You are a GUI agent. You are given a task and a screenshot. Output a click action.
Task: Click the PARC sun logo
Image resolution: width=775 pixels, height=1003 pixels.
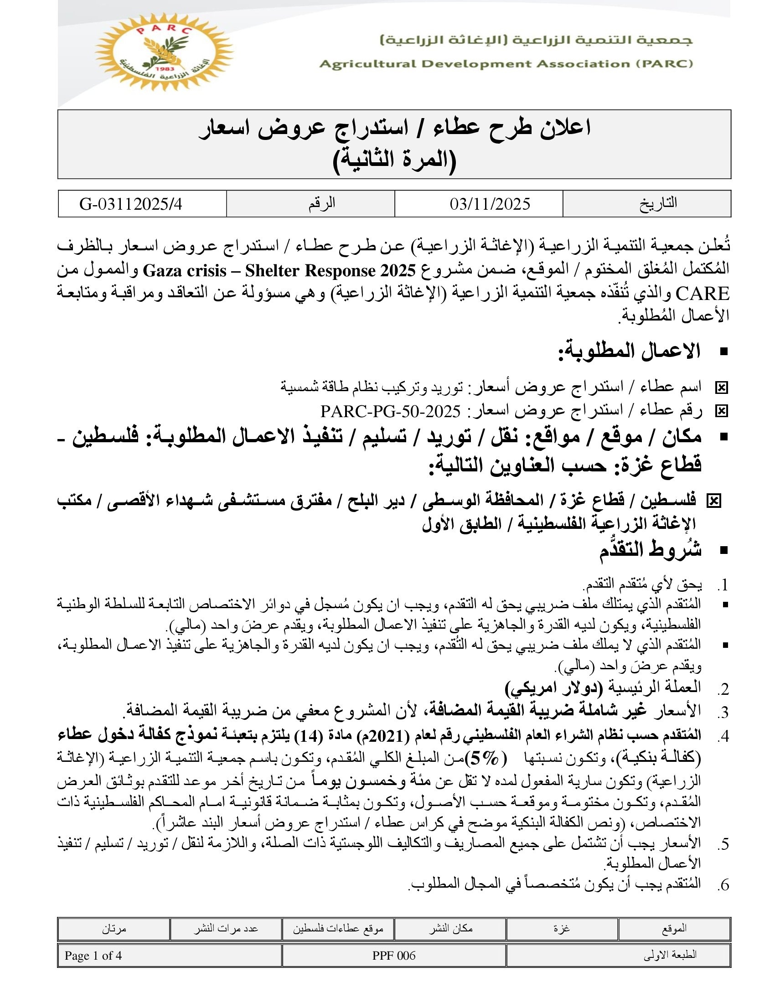164,52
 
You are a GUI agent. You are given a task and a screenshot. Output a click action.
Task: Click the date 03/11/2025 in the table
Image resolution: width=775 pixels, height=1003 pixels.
490,204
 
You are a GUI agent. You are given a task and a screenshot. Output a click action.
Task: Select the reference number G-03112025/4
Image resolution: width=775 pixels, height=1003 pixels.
131,204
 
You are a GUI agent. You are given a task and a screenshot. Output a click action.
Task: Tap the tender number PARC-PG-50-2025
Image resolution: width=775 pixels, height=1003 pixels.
390,411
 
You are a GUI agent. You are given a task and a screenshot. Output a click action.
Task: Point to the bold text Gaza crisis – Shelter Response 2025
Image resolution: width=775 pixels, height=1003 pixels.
279,271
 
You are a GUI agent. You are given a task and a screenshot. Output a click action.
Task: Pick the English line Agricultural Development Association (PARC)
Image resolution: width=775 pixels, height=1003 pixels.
506,64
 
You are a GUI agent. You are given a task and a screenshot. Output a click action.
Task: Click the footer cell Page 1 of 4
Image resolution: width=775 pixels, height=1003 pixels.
93,956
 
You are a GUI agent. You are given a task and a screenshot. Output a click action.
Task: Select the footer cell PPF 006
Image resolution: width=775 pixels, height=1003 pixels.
393,956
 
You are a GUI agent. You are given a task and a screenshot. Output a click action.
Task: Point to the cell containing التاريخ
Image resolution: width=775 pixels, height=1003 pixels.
658,203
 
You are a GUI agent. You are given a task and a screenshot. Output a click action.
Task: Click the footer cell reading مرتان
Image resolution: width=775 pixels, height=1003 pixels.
114,929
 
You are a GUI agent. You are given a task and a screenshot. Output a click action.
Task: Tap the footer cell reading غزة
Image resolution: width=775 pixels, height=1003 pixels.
562,929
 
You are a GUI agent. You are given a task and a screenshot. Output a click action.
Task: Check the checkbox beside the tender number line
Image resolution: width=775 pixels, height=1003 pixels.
721,411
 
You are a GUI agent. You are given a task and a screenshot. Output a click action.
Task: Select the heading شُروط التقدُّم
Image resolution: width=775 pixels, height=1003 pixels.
650,550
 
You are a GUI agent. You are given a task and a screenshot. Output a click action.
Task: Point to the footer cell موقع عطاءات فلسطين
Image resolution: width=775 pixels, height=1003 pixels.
338,929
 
